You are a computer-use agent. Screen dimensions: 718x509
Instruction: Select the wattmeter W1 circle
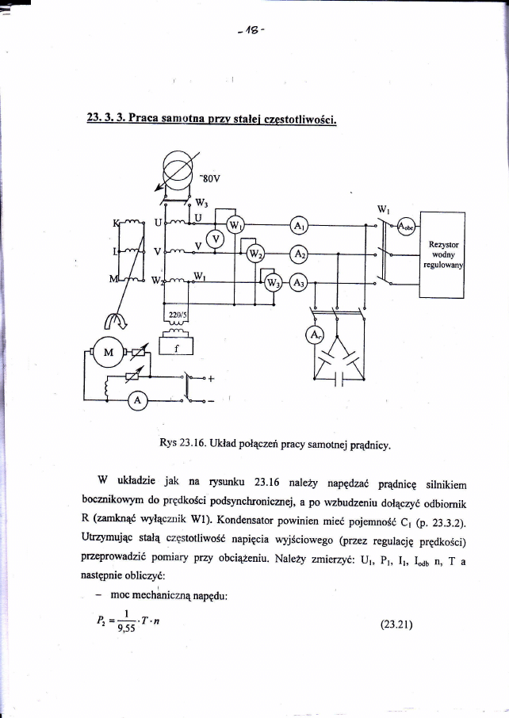coord(235,224)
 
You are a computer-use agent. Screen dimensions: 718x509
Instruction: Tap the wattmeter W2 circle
coord(256,254)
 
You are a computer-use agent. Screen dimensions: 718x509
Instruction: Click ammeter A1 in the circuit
coord(299,226)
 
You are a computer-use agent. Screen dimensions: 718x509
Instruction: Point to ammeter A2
coord(299,254)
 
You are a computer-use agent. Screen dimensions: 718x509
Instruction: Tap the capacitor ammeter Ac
coord(315,335)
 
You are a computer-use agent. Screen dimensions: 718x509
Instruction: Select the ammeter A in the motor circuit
coord(138,402)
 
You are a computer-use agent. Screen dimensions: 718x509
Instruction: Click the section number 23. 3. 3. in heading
coord(107,120)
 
